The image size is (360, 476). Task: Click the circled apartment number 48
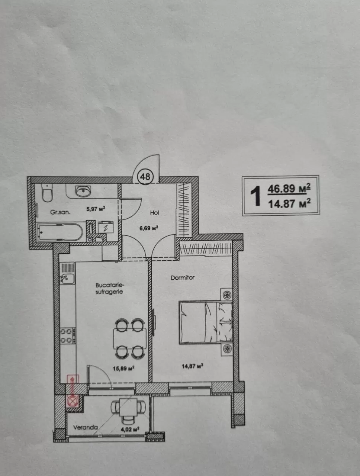(x=145, y=177)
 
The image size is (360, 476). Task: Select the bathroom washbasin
(x=83, y=191)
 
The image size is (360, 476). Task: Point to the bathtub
(x=60, y=232)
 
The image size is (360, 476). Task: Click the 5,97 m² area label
(x=96, y=209)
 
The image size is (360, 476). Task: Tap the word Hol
(x=154, y=213)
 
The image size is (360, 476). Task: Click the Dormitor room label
(x=182, y=277)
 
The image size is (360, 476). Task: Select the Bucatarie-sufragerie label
(x=109, y=289)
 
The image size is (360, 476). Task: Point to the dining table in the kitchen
(x=130, y=338)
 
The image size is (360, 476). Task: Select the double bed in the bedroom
(x=206, y=322)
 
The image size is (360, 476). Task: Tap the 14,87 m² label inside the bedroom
(x=192, y=366)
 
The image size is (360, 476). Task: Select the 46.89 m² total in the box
(x=289, y=188)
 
